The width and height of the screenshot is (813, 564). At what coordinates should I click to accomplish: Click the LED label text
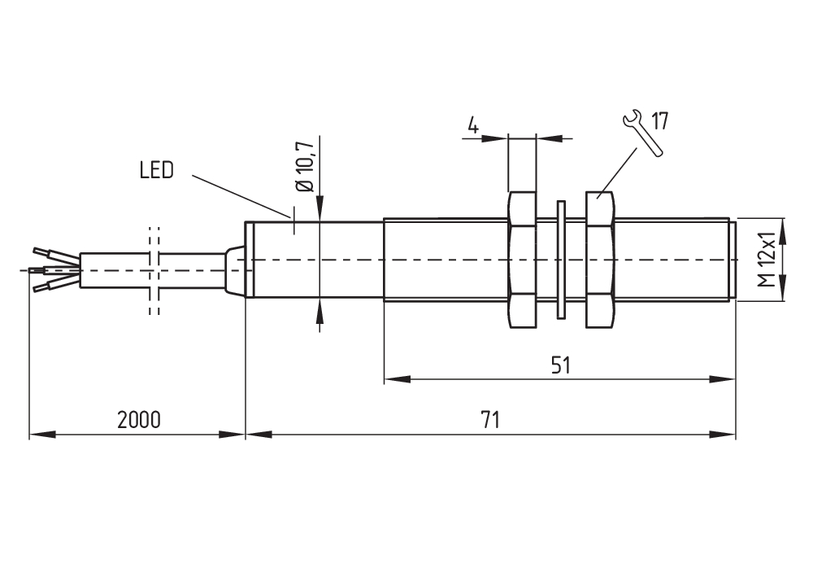156,172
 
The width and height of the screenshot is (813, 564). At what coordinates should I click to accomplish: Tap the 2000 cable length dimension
139,420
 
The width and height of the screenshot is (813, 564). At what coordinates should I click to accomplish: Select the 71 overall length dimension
489,420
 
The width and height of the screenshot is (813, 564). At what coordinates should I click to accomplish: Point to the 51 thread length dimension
561,365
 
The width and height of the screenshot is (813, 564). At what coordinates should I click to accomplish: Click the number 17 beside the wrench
659,122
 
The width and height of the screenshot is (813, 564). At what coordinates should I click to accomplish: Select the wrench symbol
638,130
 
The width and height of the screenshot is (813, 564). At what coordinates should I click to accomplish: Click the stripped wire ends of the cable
50,269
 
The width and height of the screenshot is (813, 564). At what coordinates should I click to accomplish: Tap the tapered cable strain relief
235,269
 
